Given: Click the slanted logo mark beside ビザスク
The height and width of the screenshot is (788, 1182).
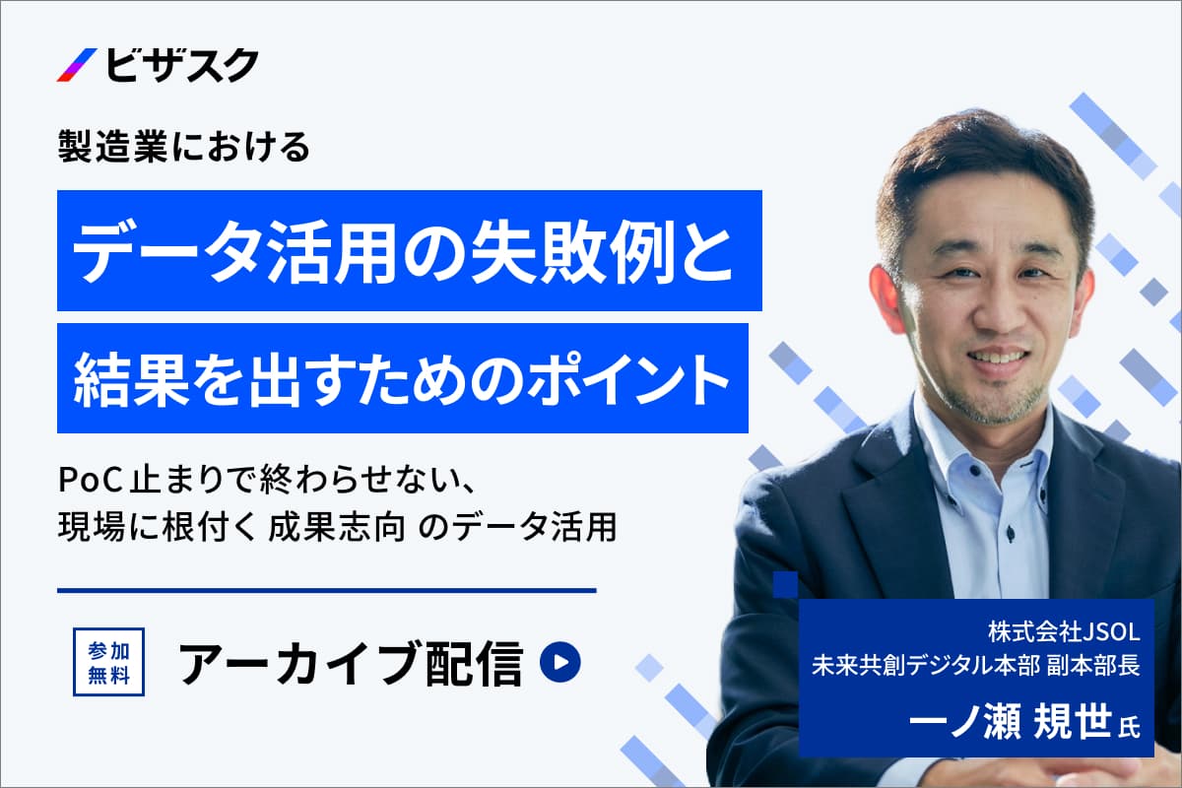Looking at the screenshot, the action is point(77,65).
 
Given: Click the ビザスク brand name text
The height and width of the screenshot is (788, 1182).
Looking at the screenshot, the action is point(182,65).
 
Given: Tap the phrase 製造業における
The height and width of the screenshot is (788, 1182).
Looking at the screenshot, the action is point(183,147).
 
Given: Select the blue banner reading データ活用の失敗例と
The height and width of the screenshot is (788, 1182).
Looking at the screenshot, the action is point(410,250).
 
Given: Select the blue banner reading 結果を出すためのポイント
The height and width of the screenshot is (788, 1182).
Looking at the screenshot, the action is point(403,378).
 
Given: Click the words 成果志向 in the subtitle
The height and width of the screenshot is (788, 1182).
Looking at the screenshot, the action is point(337,527).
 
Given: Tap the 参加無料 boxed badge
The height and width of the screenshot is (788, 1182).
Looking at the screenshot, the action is point(108,662).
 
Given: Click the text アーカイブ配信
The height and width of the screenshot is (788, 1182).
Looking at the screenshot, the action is point(351,663).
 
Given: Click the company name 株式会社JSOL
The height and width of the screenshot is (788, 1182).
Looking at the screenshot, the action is point(1064,632).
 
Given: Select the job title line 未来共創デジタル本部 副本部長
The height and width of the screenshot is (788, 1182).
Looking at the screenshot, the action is point(976,666).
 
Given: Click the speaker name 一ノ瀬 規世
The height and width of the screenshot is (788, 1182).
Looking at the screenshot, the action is point(1011,721).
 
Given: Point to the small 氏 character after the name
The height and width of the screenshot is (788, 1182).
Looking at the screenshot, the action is point(1129,727).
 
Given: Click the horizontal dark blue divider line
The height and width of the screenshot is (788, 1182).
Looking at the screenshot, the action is point(327,591).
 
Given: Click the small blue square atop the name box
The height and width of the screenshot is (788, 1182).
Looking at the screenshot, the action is point(786,585).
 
